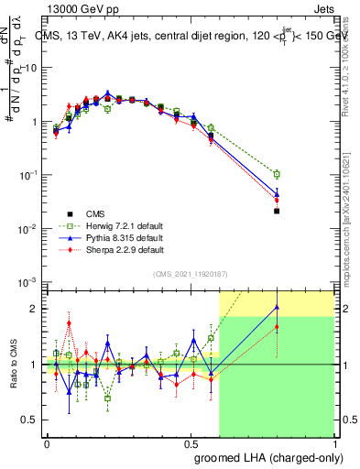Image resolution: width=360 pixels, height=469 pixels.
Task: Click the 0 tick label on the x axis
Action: tap(47, 442)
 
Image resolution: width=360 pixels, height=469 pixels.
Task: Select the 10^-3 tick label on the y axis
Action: tap(26, 281)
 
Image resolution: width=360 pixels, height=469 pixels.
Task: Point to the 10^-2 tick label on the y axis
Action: tap(26, 228)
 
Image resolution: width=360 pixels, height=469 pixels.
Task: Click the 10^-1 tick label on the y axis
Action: tap(26, 174)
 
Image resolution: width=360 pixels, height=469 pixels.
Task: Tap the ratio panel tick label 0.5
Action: tap(28, 420)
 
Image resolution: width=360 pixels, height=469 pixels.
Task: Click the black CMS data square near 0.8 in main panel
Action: tap(277, 211)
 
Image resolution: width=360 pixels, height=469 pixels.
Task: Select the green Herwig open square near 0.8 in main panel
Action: tap(277, 174)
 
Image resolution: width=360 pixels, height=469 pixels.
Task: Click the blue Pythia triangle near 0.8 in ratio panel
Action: tap(277, 307)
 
